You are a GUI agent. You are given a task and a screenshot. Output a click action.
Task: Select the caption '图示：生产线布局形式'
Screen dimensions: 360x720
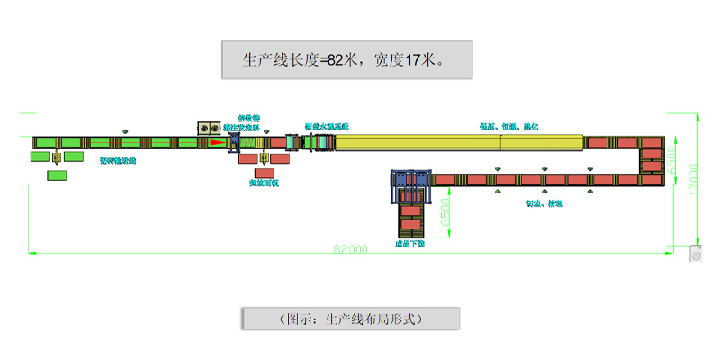click(x=351, y=319)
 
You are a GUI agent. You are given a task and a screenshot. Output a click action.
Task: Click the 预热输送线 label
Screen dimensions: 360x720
click(x=118, y=161)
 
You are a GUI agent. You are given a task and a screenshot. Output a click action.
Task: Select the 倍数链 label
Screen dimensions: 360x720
click(x=248, y=118)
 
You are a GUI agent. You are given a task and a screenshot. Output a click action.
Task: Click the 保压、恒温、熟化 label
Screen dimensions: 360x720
click(x=509, y=127)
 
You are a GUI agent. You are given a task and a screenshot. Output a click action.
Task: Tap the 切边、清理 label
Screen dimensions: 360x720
click(x=544, y=202)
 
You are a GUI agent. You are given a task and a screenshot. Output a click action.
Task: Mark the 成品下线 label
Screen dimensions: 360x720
click(x=410, y=243)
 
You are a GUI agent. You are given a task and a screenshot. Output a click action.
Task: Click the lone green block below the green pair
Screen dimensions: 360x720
click(x=58, y=175)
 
